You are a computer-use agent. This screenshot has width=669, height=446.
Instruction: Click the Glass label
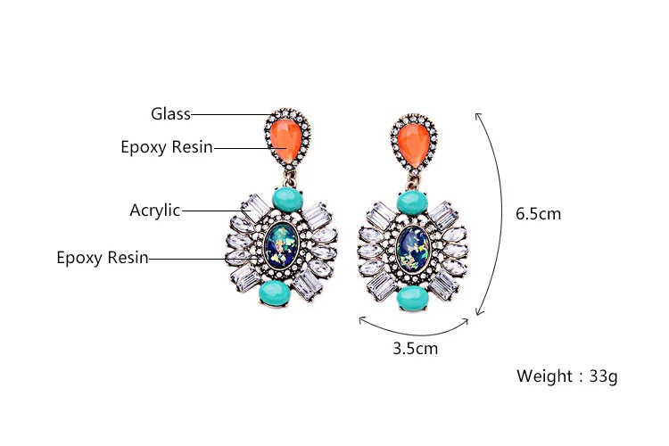(170, 113)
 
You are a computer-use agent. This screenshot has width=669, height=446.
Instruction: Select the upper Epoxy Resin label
(167, 147)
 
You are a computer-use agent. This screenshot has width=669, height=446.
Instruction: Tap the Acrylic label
(155, 211)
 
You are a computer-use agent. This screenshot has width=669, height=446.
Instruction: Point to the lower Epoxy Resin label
(103, 258)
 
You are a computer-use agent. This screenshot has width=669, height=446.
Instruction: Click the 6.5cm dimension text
(538, 213)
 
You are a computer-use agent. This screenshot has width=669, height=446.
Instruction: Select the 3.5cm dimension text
(415, 348)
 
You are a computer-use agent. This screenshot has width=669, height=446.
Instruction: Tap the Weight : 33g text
(566, 376)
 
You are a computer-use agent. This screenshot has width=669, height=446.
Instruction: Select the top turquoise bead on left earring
(285, 198)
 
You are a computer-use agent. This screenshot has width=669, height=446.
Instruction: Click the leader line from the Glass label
(232, 114)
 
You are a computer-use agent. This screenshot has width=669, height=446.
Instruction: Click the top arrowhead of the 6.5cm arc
(478, 114)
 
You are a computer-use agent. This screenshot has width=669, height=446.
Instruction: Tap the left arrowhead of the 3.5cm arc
(361, 318)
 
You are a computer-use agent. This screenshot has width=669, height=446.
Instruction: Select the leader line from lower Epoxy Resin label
(187, 259)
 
